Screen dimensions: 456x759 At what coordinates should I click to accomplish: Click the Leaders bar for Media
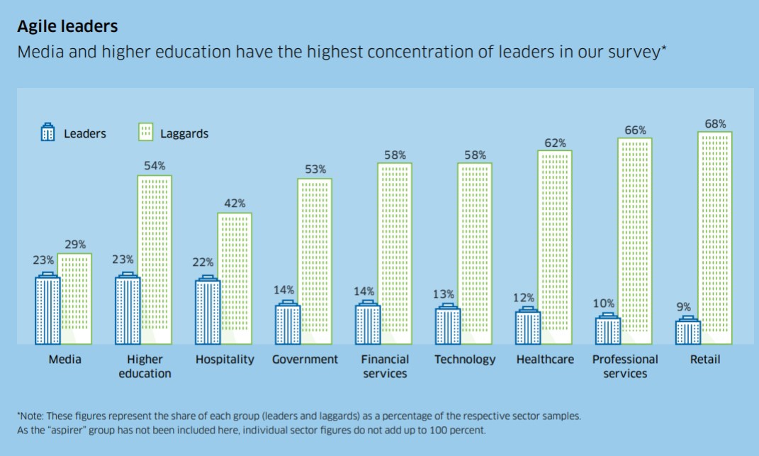point(47,310)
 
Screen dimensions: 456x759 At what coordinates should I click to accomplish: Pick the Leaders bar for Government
point(288,324)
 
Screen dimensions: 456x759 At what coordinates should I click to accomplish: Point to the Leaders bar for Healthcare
point(528,327)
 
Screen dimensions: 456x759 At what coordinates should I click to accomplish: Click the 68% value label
point(715,124)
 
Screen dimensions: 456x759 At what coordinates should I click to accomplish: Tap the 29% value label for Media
point(74,244)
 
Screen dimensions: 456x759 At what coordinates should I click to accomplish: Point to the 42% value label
point(235,204)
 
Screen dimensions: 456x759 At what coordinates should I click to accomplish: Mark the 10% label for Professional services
point(603,304)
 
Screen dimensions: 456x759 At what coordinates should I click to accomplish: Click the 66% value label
point(635,130)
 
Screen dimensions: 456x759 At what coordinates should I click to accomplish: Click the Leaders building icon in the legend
point(47,133)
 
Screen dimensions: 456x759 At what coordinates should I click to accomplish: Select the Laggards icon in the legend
point(145,133)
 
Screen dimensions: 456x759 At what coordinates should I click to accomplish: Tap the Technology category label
point(465,360)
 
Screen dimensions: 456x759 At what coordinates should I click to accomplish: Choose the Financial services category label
point(385,366)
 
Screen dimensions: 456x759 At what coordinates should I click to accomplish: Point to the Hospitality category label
point(225,360)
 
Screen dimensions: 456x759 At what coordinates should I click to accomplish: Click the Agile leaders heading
point(67,27)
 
